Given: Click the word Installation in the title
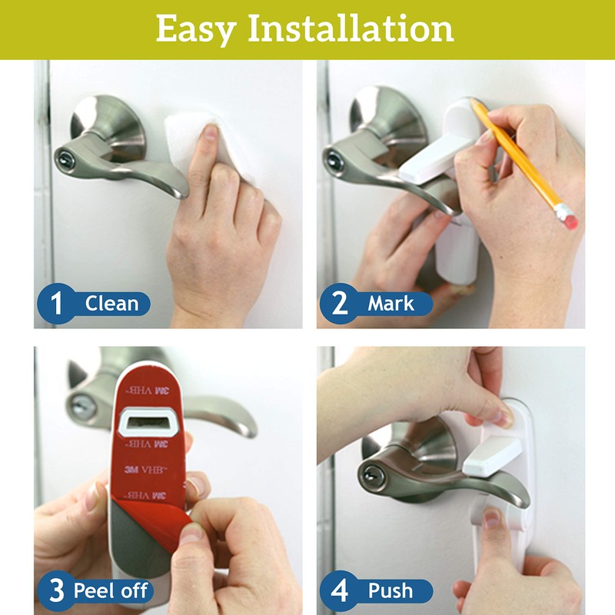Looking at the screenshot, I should pos(350,29).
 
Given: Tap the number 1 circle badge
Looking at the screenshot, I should pos(56,303).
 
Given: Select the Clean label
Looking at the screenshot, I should pos(111,303).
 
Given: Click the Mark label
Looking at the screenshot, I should pos(391,303).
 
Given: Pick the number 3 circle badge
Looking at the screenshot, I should pos(56,591).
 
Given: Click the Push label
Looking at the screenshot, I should pos(390,591).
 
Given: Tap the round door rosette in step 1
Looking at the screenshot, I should pos(108,123).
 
